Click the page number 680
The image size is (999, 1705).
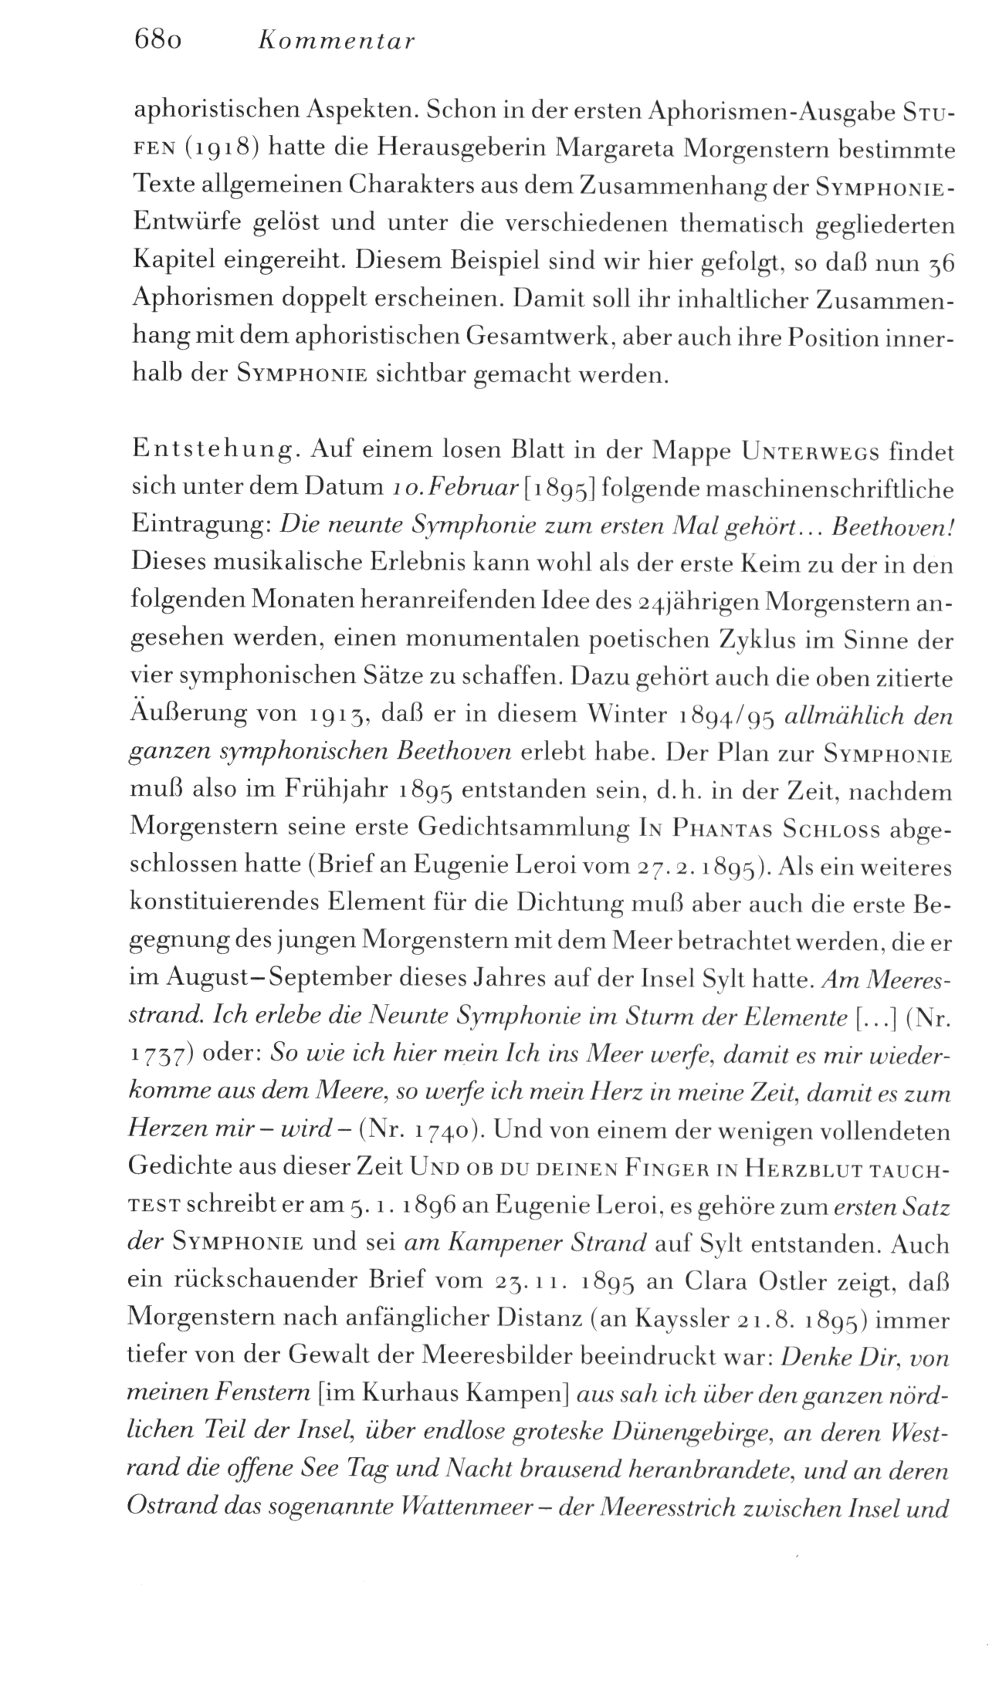point(157,40)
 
